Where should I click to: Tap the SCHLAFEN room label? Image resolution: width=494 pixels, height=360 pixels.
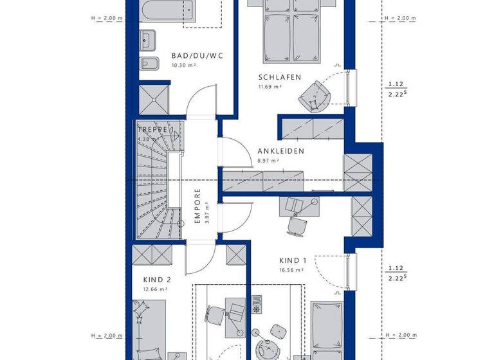(x=280, y=77)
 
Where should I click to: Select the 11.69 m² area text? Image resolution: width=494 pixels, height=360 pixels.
(x=269, y=86)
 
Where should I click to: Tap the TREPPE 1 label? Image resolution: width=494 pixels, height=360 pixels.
(x=156, y=130)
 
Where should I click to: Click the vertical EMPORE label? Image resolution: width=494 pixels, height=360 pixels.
(x=198, y=205)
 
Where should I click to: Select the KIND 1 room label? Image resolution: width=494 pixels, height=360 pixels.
(x=293, y=260)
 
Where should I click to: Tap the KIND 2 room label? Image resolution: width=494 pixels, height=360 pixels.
(x=157, y=280)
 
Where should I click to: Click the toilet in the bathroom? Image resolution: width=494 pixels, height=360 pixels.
(x=148, y=64)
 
